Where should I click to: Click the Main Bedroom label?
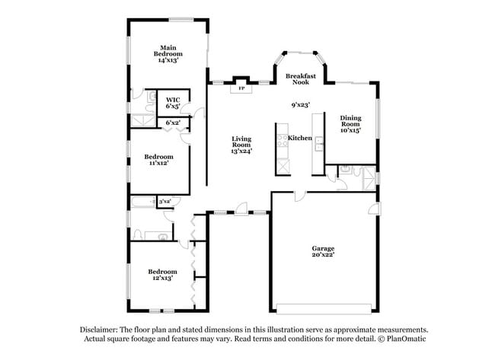point(168,53)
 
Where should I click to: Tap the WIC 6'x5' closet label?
point(172,103)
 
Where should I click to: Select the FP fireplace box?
point(241,88)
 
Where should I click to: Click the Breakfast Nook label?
point(300,78)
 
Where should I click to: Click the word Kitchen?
point(299,138)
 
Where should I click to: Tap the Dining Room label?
point(350,123)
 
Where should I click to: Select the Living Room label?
point(241,144)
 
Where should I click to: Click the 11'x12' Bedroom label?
point(158,159)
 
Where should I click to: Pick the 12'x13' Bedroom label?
point(161,274)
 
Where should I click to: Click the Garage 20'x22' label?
point(323,252)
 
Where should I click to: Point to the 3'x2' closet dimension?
point(164,201)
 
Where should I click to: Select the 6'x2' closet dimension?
point(173,123)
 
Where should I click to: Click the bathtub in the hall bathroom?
point(142,202)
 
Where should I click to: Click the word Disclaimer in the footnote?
point(101,330)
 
